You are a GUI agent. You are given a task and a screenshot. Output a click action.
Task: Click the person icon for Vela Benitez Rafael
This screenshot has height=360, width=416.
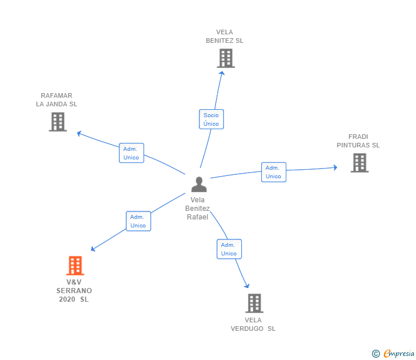199,184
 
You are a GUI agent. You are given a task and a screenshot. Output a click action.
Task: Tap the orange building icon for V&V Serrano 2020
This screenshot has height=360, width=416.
75,266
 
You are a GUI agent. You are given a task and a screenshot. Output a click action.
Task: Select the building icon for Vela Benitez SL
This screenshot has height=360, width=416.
226,58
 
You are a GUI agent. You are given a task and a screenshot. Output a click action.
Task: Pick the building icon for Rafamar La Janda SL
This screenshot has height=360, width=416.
58,122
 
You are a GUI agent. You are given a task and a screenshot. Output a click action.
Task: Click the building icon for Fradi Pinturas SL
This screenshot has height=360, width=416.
359,163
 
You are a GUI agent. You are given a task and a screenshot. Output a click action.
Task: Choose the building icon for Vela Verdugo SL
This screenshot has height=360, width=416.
254,303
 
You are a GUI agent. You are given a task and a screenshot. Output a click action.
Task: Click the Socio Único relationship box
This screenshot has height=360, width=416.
211,119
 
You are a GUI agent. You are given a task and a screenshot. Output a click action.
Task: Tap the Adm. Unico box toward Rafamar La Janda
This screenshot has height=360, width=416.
131,153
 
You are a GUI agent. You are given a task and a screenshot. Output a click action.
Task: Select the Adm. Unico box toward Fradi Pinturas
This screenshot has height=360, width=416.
274,172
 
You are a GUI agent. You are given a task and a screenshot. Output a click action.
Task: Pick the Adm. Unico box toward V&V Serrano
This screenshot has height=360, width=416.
138,221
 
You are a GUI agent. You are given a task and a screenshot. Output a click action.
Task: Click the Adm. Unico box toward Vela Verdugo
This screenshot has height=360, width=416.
229,249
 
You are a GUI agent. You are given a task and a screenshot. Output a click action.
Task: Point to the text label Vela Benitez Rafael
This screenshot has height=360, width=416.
198,209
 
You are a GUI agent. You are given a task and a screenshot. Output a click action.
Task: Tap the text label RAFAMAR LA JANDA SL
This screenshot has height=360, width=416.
57,100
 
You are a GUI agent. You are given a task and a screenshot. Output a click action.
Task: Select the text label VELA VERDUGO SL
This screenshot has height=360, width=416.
253,325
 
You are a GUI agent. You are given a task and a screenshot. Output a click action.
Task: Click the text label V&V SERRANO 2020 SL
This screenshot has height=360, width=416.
74,291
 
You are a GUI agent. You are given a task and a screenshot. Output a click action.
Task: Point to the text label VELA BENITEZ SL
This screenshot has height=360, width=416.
225,37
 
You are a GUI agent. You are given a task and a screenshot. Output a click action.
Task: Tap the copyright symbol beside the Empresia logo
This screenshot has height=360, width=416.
376,354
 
